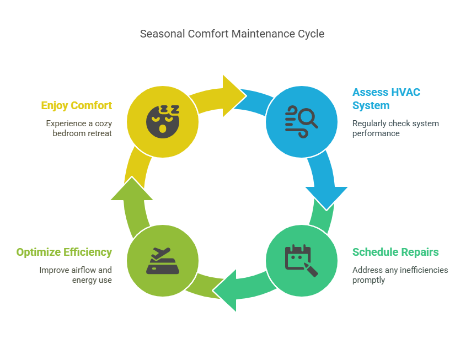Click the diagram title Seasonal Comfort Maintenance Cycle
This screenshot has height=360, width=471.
click(232, 34)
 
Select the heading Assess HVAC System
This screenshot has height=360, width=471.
click(386, 99)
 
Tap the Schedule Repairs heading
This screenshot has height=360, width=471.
click(395, 252)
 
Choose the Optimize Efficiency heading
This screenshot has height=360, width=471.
click(64, 252)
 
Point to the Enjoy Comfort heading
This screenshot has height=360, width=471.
click(76, 105)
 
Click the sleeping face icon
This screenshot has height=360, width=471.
click(163, 121)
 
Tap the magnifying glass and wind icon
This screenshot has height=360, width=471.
click(301, 121)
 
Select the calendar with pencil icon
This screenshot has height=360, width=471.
click(301, 261)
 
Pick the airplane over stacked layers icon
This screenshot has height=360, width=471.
click(163, 261)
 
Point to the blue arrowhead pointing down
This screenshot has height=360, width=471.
click(327, 197)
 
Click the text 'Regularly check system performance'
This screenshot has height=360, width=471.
click(395, 128)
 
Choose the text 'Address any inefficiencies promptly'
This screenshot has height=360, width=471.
click(400, 275)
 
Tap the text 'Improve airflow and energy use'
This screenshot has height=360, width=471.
click(75, 275)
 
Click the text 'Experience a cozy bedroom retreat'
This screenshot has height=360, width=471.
click(79, 128)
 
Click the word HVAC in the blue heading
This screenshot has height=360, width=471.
click(405, 92)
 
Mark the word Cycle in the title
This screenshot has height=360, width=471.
click(311, 34)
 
